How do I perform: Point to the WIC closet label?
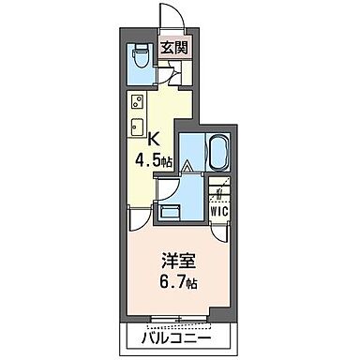218,212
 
